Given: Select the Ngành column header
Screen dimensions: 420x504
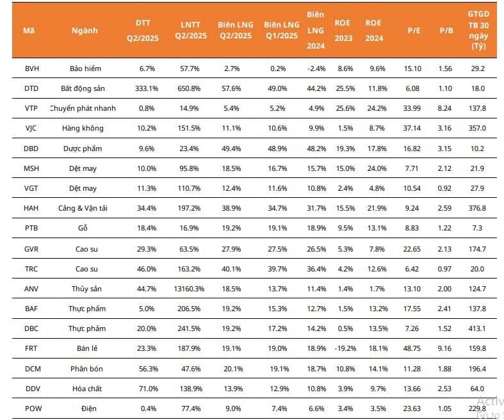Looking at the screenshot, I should click(x=85, y=30).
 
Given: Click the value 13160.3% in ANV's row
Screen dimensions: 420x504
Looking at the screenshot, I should click(x=188, y=289).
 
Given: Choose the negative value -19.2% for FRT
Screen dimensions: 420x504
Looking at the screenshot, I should click(x=345, y=349).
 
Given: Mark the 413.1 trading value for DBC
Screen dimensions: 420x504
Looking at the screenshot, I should click(x=478, y=328).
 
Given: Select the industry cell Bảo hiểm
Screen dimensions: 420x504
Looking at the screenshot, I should click(x=85, y=68).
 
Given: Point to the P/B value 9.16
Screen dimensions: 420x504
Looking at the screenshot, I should click(x=446, y=349).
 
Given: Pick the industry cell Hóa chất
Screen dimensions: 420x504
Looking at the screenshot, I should click(x=85, y=389).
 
